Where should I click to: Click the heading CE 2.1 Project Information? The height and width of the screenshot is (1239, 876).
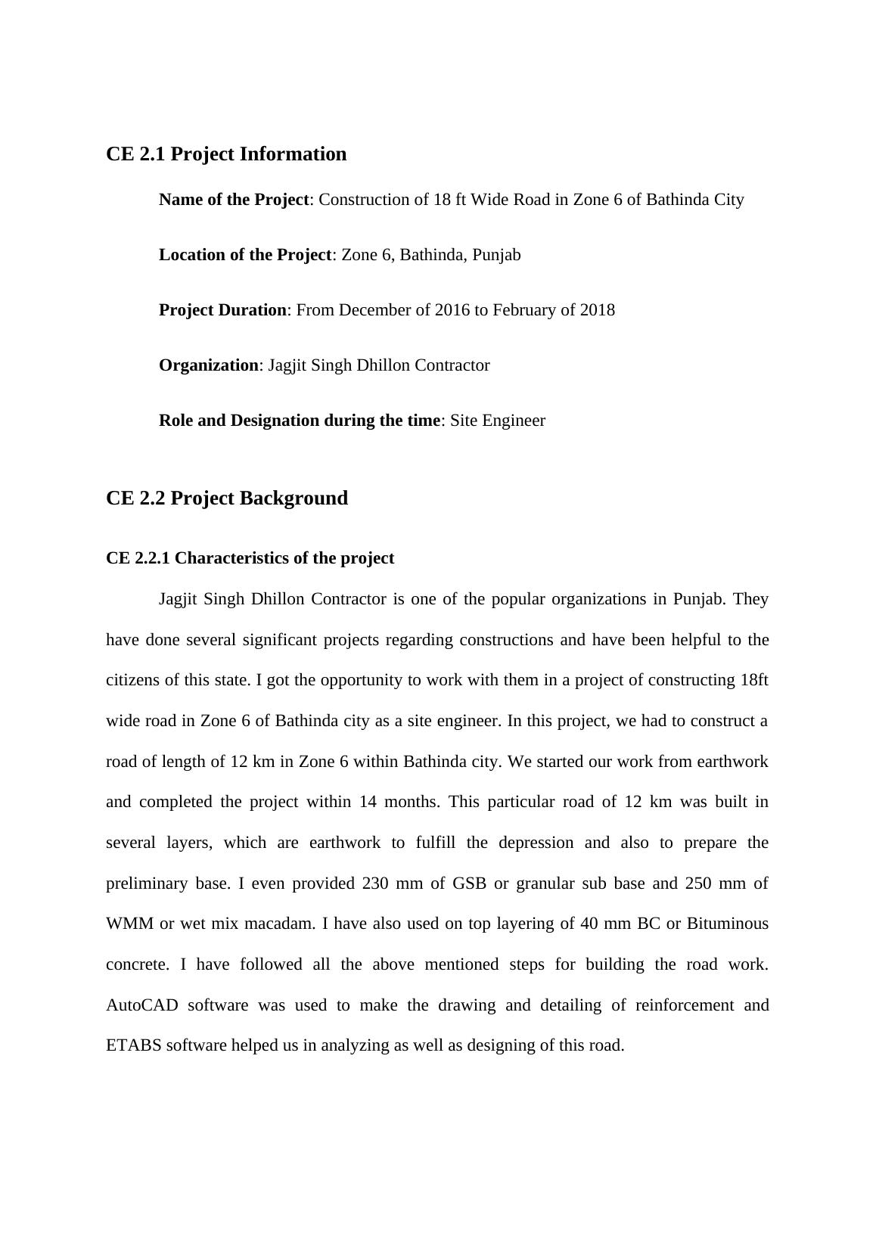(x=226, y=154)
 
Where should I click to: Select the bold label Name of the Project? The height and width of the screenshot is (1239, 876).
(x=233, y=200)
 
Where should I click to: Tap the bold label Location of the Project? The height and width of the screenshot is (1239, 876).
(x=244, y=255)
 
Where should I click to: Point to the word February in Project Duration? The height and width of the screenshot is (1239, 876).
(x=523, y=310)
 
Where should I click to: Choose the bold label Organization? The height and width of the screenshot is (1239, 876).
(x=208, y=365)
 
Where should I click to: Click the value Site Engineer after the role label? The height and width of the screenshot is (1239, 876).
(x=497, y=421)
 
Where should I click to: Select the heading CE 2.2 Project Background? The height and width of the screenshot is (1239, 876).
(x=227, y=498)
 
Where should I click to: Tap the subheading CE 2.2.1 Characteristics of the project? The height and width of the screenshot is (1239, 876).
(x=250, y=558)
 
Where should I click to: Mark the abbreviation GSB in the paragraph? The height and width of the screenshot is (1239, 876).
(x=469, y=883)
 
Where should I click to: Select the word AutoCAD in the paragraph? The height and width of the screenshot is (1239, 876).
(x=141, y=1005)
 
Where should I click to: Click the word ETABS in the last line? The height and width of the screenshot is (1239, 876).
(x=133, y=1045)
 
